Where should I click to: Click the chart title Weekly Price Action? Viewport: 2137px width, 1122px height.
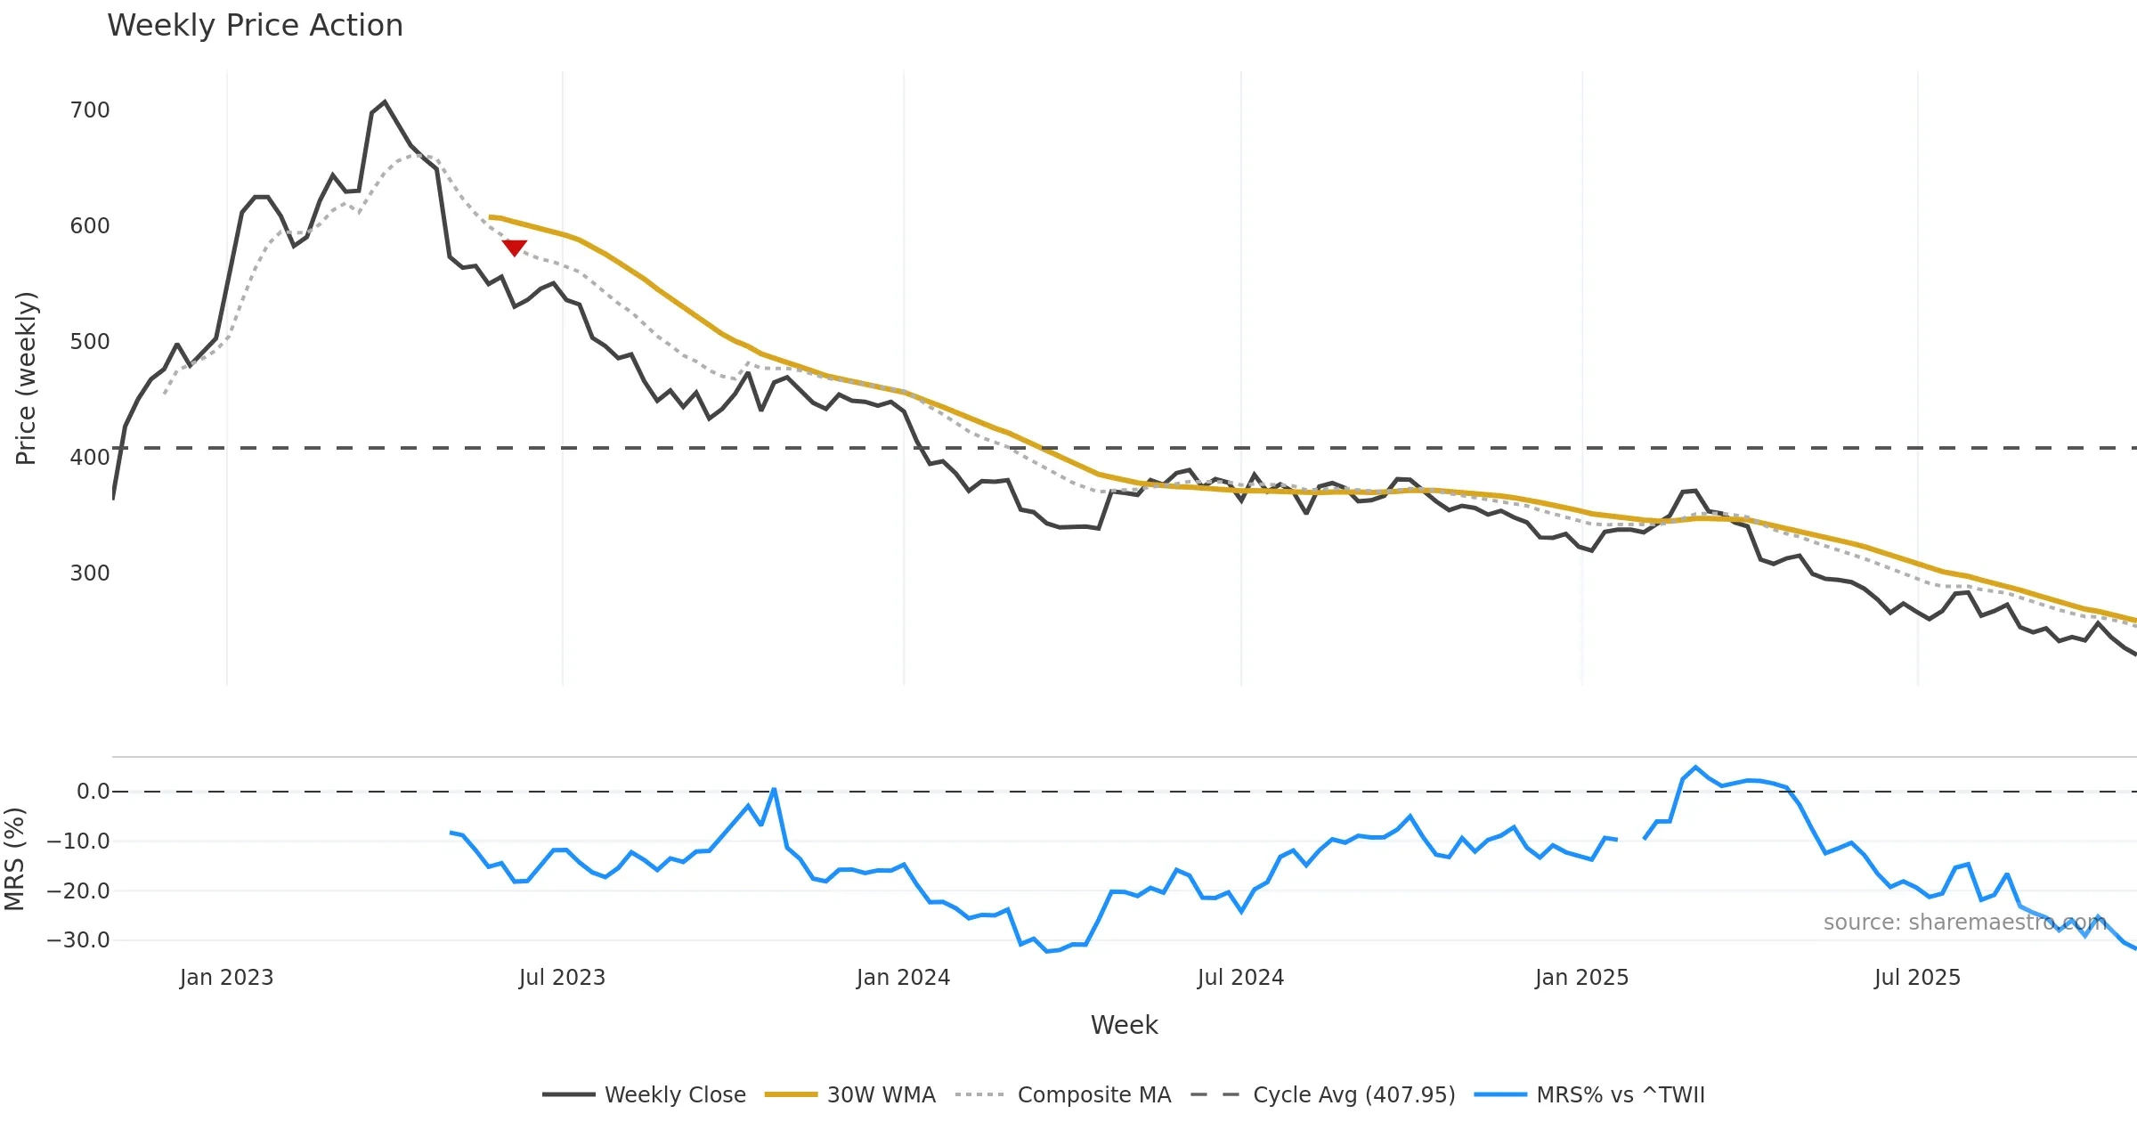[255, 26]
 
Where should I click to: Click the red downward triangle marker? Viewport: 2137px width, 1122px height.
[515, 248]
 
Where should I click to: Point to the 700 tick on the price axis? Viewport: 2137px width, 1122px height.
[90, 110]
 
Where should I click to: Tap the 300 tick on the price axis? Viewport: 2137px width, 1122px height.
[90, 573]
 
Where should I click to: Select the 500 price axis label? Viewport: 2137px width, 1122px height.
[90, 342]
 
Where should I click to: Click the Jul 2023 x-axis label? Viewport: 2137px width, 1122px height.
[562, 978]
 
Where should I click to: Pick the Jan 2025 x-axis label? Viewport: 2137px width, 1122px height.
[1581, 978]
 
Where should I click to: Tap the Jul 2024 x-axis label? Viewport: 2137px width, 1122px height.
[1240, 978]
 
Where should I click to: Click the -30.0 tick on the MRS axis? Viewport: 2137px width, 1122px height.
[78, 940]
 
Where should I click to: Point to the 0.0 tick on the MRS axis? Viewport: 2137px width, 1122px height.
[93, 792]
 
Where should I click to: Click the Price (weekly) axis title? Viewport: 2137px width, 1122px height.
[26, 378]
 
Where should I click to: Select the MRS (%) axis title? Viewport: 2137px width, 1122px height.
[14, 859]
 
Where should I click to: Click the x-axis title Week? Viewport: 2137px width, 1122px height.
[1124, 1026]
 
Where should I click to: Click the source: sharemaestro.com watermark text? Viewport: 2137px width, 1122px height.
[1964, 923]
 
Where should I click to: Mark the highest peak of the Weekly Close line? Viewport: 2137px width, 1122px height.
[385, 102]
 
